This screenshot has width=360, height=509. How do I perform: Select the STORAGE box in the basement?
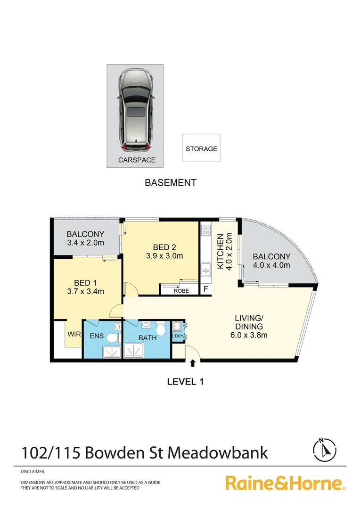[x=201, y=148]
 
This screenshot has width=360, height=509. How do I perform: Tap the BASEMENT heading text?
[x=170, y=183]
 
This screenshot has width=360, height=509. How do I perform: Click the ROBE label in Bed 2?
[x=181, y=291]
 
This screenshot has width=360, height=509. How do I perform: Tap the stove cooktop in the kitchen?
[x=205, y=230]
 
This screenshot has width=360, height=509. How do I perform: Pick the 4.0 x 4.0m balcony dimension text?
[x=271, y=265]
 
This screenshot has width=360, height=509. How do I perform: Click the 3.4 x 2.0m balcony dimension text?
[x=85, y=243]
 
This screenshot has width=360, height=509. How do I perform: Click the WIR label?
[x=74, y=335]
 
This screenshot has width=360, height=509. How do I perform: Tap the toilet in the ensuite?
[x=112, y=337]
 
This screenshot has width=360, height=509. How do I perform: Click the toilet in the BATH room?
[x=162, y=328]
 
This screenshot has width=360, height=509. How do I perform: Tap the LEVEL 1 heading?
[x=185, y=381]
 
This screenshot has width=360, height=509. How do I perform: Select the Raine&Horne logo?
[x=285, y=483]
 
